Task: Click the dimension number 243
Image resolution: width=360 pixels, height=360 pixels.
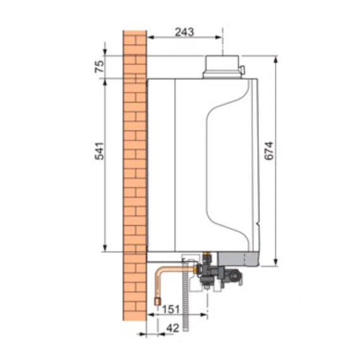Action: click(184, 31)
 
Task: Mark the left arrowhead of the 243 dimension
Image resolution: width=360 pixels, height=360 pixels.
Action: click(150, 37)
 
